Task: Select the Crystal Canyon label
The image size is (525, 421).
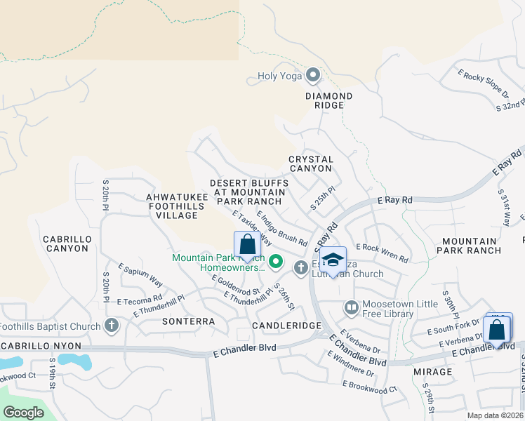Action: (310, 163)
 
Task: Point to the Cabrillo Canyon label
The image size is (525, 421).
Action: (66, 243)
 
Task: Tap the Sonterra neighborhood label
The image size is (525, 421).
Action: (188, 321)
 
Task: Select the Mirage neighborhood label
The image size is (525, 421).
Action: (432, 371)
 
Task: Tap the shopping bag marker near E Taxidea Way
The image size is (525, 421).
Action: (247, 246)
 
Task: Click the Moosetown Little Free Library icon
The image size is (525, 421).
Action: (351, 307)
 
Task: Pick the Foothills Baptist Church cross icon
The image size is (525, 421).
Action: (111, 326)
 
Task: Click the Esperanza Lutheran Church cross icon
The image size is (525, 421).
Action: (301, 267)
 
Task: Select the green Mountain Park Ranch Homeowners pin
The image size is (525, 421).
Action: (276, 262)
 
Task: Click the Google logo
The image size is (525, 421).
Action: (23, 413)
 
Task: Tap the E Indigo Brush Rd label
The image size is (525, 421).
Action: (282, 229)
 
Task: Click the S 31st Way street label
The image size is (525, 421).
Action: (503, 206)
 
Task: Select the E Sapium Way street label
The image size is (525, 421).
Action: (140, 275)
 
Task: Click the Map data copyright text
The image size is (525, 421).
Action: (495, 415)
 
